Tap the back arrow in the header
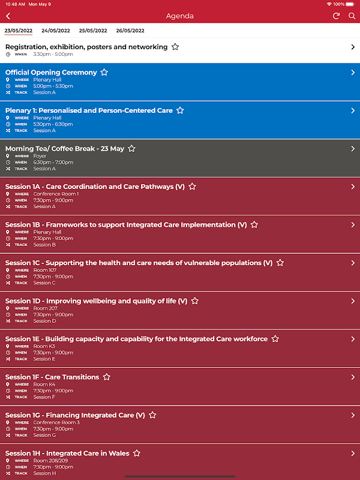click(x=8, y=16)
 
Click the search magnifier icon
click(x=352, y=16)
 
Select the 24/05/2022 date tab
click(x=55, y=31)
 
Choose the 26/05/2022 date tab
click(x=130, y=31)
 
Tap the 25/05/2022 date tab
click(x=93, y=31)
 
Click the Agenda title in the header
click(x=180, y=16)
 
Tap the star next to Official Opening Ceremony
click(x=104, y=73)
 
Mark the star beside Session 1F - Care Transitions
click(x=107, y=377)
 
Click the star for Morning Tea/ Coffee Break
click(x=132, y=149)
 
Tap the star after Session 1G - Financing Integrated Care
click(x=152, y=415)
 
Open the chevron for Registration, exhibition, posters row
click(x=353, y=47)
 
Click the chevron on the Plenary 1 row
click(x=353, y=110)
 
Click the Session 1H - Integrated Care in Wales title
click(x=67, y=454)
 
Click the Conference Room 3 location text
click(x=56, y=422)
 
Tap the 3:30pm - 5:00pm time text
click(x=53, y=54)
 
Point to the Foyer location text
click(x=40, y=156)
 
